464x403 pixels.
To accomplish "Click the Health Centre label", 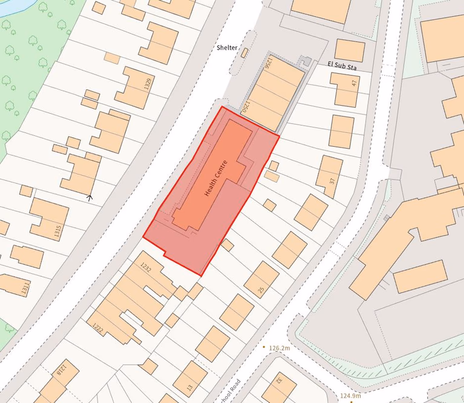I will pyautogui.click(x=216, y=179).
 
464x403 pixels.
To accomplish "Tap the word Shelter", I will pyautogui.click(x=229, y=48).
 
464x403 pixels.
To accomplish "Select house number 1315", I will pyautogui.click(x=58, y=231).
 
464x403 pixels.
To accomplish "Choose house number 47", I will pyautogui.click(x=355, y=84).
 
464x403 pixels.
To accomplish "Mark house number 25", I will pyautogui.click(x=261, y=290).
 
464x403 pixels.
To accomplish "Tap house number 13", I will pyautogui.click(x=189, y=387).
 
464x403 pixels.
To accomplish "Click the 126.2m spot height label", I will pyautogui.click(x=280, y=348).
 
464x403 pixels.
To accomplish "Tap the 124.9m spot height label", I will pyautogui.click(x=350, y=396).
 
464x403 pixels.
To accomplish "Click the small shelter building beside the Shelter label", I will pyautogui.click(x=244, y=53).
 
